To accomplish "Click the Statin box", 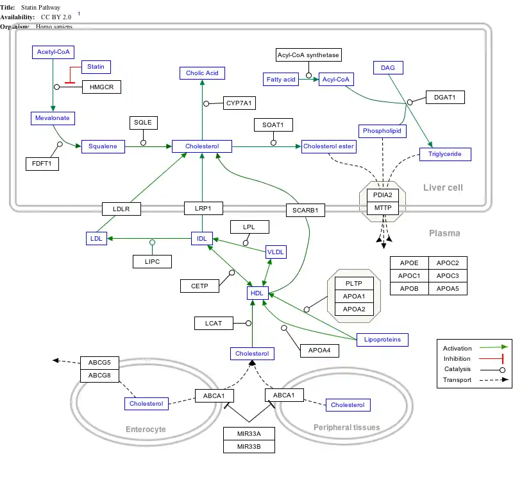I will click(96, 67).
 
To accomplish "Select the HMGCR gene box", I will click(101, 87).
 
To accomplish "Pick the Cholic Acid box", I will click(202, 73).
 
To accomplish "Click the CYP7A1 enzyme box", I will click(239, 103).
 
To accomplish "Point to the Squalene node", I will click(103, 147).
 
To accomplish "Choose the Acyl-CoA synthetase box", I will click(308, 55).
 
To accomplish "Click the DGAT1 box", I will click(444, 98).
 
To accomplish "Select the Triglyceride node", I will click(445, 154).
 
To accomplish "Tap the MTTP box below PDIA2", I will click(383, 208).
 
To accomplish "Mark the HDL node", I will click(257, 293).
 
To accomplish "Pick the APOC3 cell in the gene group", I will click(448, 276).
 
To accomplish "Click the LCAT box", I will click(214, 324).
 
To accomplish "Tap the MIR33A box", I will click(249, 433).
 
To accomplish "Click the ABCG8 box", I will click(99, 376).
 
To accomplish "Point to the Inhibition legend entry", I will click(457, 359).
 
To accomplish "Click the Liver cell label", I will click(442, 187).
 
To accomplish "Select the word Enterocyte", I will click(146, 429).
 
